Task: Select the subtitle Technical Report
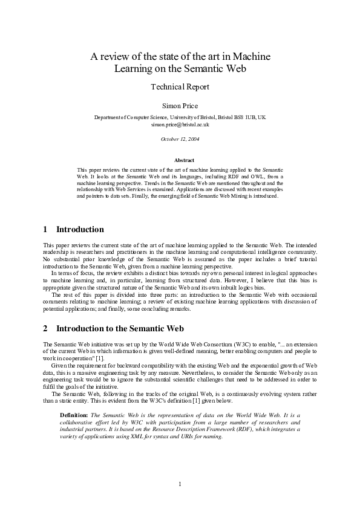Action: tap(180, 86)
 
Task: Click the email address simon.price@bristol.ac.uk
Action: tap(180, 124)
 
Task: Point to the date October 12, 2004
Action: tap(180, 139)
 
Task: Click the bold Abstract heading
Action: tap(184, 160)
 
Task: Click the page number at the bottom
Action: tap(180, 484)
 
